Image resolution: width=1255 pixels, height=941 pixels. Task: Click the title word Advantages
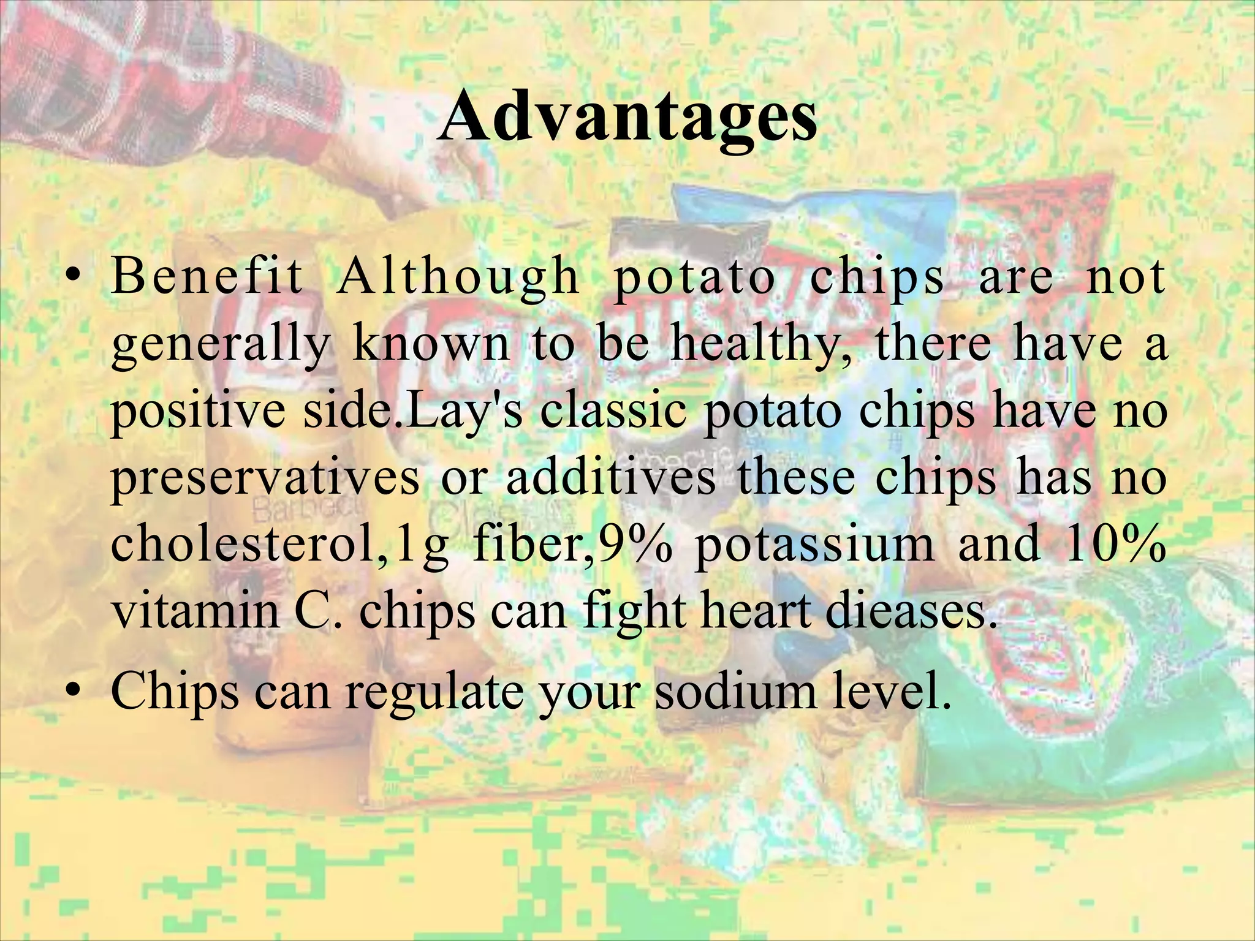pos(627,115)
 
